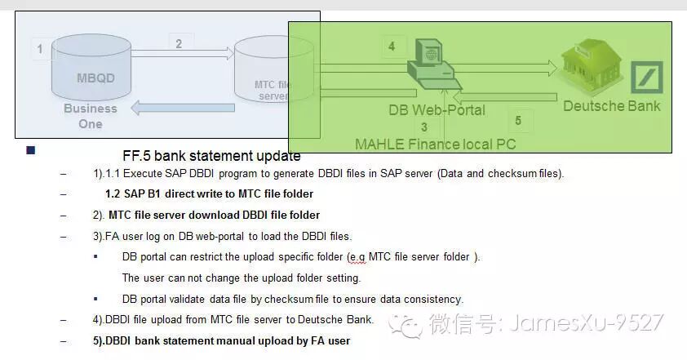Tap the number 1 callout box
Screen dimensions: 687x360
click(40, 50)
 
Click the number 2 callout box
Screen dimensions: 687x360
click(179, 44)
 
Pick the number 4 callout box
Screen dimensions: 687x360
click(392, 47)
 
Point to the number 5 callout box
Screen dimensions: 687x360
click(518, 121)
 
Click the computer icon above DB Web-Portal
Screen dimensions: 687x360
click(432, 66)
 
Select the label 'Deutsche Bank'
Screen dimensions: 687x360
click(612, 105)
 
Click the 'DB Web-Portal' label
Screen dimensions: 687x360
click(437, 109)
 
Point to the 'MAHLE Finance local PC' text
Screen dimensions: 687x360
click(435, 144)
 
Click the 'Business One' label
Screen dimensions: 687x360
click(91, 116)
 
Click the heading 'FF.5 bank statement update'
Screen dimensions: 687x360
click(211, 156)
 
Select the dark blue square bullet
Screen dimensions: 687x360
click(31, 150)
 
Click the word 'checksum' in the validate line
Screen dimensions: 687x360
click(309, 299)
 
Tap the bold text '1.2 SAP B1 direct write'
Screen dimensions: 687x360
click(209, 194)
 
